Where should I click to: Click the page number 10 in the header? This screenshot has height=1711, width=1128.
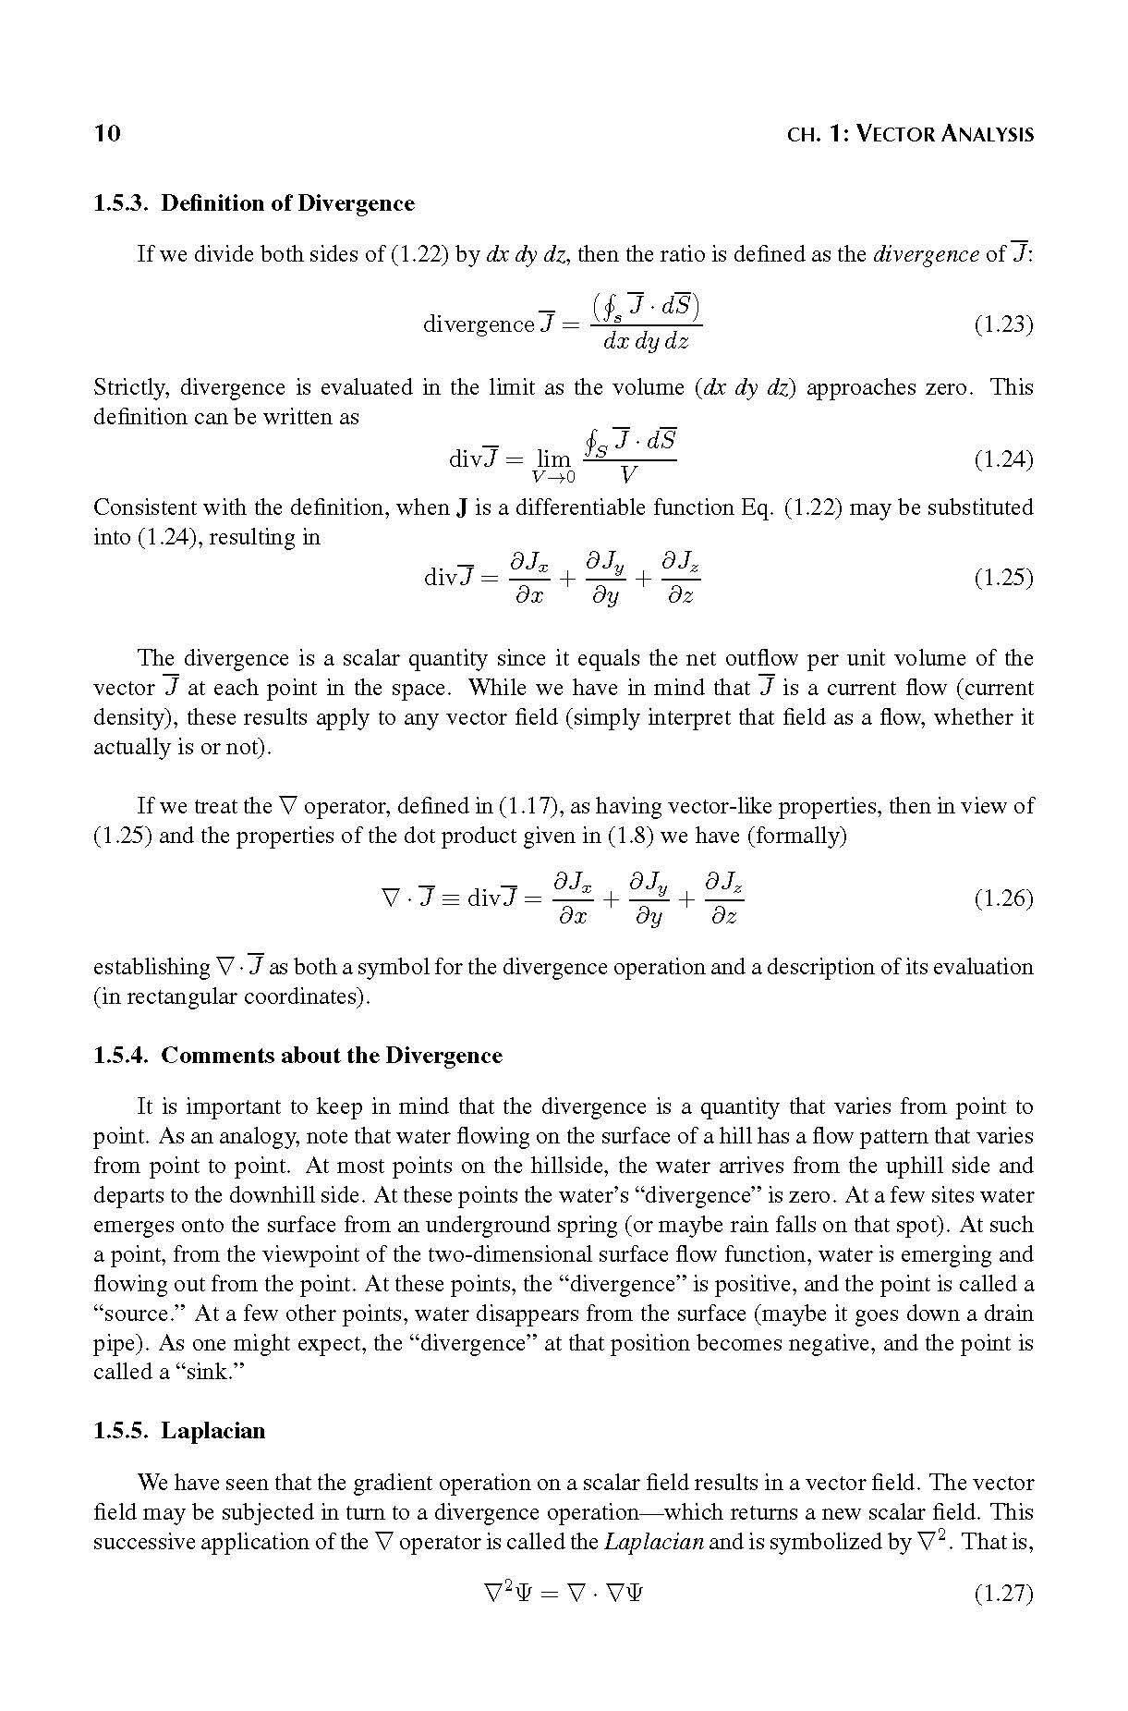click(107, 133)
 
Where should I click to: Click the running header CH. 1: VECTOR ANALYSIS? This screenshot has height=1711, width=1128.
click(910, 134)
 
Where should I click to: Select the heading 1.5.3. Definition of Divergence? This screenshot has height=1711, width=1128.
click(254, 203)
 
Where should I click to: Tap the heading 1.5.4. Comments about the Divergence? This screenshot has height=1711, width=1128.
click(297, 1056)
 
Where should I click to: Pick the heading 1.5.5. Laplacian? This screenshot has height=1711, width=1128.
click(179, 1431)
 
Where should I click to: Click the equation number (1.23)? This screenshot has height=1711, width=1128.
click(1003, 324)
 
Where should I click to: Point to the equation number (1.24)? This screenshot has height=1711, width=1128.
click(1003, 459)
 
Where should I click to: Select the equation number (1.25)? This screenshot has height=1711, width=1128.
click(1003, 578)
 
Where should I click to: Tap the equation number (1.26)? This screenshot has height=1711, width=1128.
click(1003, 898)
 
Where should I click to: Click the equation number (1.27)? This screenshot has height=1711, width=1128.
click(1003, 1594)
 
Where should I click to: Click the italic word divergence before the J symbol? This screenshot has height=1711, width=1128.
click(926, 254)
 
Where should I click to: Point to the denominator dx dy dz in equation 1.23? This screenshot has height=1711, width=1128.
click(646, 341)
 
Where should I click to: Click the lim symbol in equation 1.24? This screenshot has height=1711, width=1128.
click(553, 459)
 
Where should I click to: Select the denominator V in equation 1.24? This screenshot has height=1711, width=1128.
click(629, 476)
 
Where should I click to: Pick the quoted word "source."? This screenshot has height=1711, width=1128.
click(136, 1314)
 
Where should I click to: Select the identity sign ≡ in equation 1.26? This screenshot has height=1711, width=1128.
click(451, 898)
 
